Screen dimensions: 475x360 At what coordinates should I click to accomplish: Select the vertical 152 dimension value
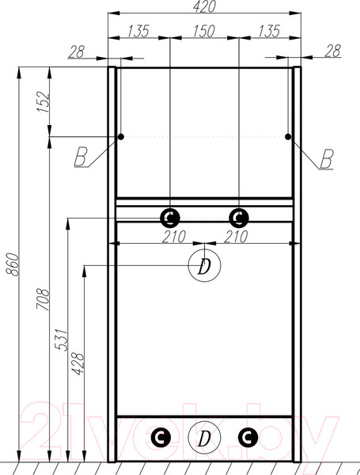44,102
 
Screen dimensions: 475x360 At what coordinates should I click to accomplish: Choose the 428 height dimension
78,363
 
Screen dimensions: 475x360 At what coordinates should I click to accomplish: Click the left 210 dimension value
174,236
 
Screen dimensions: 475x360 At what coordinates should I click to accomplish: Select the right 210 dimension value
236,236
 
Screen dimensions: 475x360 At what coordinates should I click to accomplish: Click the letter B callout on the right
328,158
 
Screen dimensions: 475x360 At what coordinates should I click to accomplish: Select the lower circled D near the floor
204,438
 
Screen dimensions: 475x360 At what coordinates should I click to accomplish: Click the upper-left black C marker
170,218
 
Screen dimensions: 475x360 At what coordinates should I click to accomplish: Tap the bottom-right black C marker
248,437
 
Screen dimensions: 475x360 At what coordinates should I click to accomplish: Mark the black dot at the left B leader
121,137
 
